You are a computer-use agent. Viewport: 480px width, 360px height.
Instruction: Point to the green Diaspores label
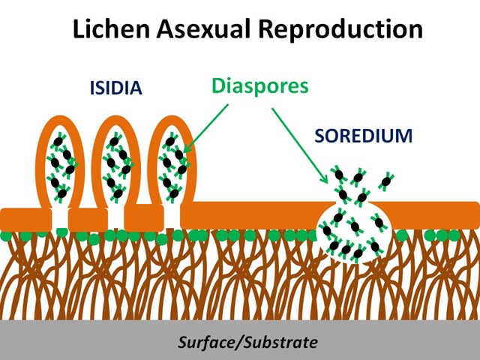tap(260, 85)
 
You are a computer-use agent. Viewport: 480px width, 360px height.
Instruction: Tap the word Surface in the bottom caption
tap(203, 343)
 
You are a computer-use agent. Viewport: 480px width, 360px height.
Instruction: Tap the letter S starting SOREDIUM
tap(318, 136)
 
